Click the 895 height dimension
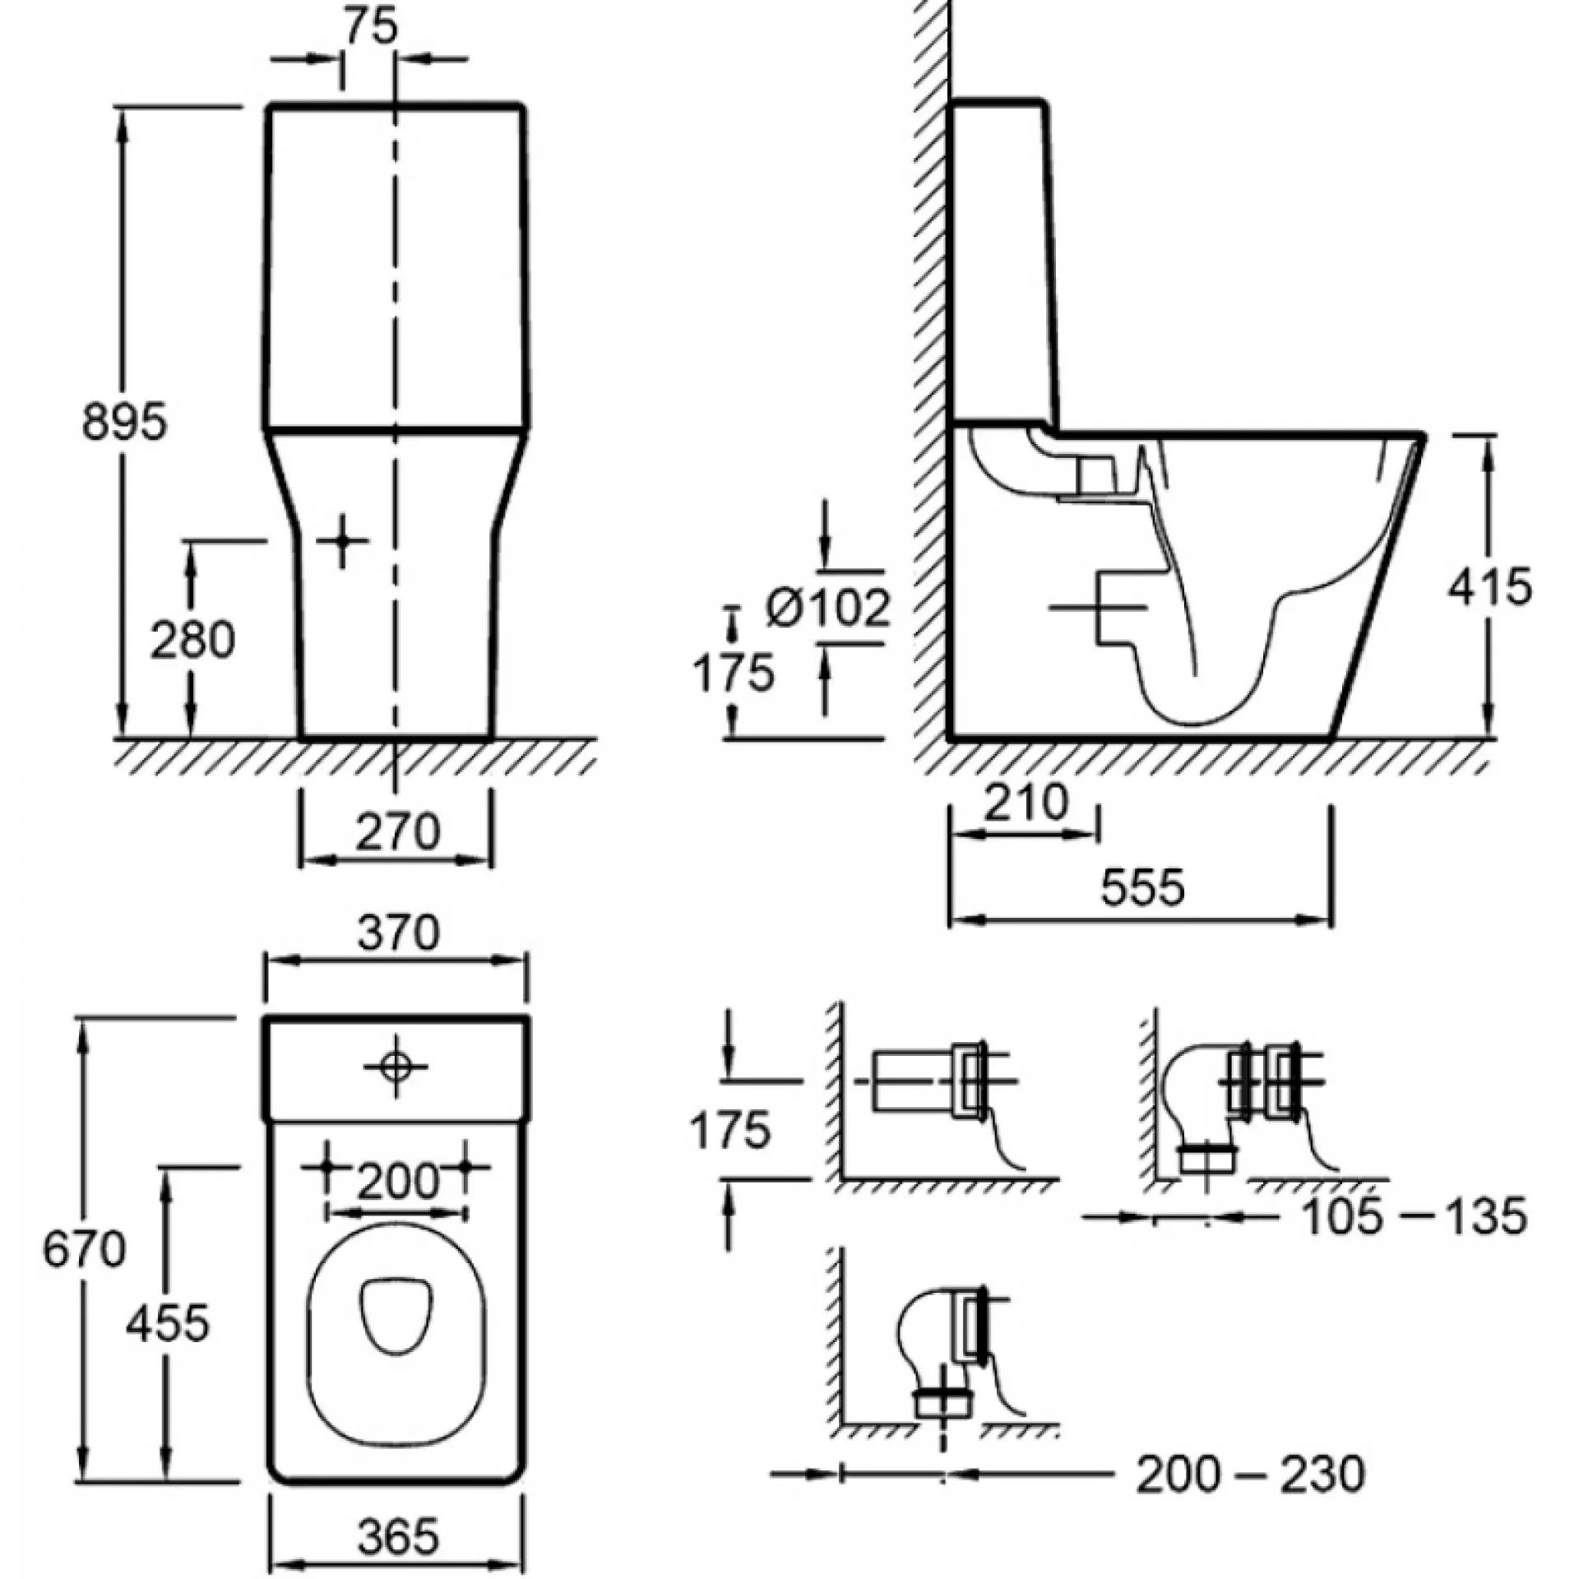(x=124, y=422)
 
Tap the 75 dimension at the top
(x=371, y=27)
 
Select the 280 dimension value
(x=192, y=640)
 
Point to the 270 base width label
(x=397, y=832)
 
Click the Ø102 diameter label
(x=827, y=609)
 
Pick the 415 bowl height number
(x=1489, y=587)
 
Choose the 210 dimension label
(x=1026, y=803)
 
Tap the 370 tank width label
(x=399, y=933)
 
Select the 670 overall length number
(x=84, y=1249)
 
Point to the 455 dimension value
(x=168, y=1323)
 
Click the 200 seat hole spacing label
(x=398, y=1182)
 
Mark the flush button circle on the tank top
(x=396, y=1067)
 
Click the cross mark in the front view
(x=342, y=541)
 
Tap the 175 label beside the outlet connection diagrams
(x=730, y=1129)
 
